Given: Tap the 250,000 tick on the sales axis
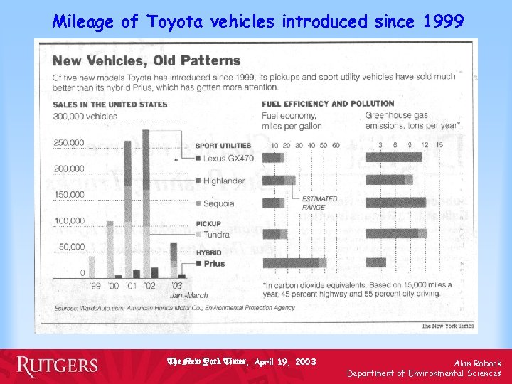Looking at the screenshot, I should click(68, 143).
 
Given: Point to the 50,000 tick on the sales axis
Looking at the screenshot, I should click(71, 247).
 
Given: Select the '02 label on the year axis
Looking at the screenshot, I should click(150, 286).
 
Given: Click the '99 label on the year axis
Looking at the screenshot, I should click(95, 286).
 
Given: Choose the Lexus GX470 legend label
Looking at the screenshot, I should click(228, 158).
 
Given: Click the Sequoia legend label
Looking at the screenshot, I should click(218, 203).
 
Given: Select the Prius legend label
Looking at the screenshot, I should click(214, 264).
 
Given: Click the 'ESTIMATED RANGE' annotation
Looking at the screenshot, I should click(314, 203).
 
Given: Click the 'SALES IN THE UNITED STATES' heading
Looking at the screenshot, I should click(110, 104).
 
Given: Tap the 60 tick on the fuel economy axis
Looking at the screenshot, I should click(336, 146).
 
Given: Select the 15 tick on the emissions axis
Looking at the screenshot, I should click(439, 146).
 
